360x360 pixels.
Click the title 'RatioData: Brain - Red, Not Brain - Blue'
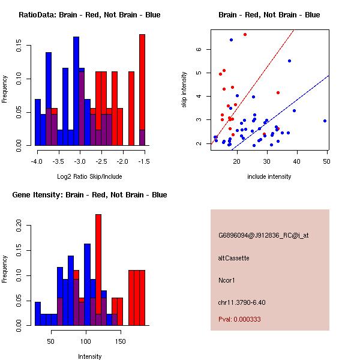coord(89,15)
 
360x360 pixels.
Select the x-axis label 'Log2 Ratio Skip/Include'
coord(89,177)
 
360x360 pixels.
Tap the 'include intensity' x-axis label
coord(269,177)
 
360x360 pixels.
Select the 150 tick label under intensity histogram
coord(120,342)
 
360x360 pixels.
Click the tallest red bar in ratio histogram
coord(142,90)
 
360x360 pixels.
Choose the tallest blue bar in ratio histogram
coord(76,90)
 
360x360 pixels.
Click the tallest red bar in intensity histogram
coord(98,270)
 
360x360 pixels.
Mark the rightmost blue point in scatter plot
coord(325,121)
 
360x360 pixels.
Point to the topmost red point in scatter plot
coord(245,35)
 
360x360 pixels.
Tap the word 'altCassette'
coord(234,258)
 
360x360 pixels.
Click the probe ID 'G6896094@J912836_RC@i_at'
coord(263,236)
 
